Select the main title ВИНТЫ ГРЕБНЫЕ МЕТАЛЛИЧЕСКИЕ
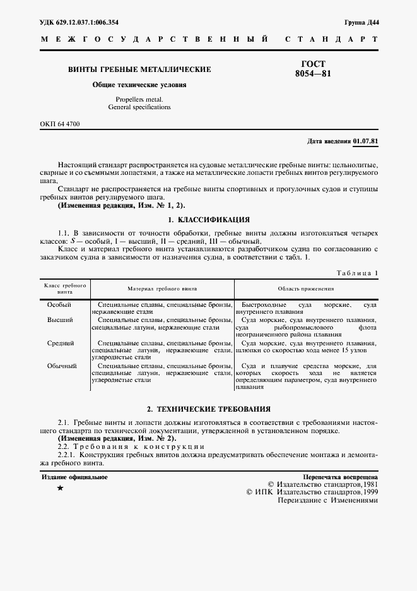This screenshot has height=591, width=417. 139,69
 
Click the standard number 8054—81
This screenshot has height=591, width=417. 313,74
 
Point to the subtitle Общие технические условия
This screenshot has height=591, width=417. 139,85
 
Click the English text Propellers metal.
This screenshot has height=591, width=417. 139,100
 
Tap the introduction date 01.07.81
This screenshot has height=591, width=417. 366,140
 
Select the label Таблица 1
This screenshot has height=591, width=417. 356,273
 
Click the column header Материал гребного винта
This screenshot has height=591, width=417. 162,289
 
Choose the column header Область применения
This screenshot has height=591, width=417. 305,289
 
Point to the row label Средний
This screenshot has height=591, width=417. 61,343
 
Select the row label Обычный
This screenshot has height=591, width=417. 62,366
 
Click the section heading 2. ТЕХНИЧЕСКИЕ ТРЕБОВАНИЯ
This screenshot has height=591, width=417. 208,409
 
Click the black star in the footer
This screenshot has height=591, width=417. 60,489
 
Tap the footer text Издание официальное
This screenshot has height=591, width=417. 74,477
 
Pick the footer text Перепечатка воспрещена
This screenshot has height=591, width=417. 340,477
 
